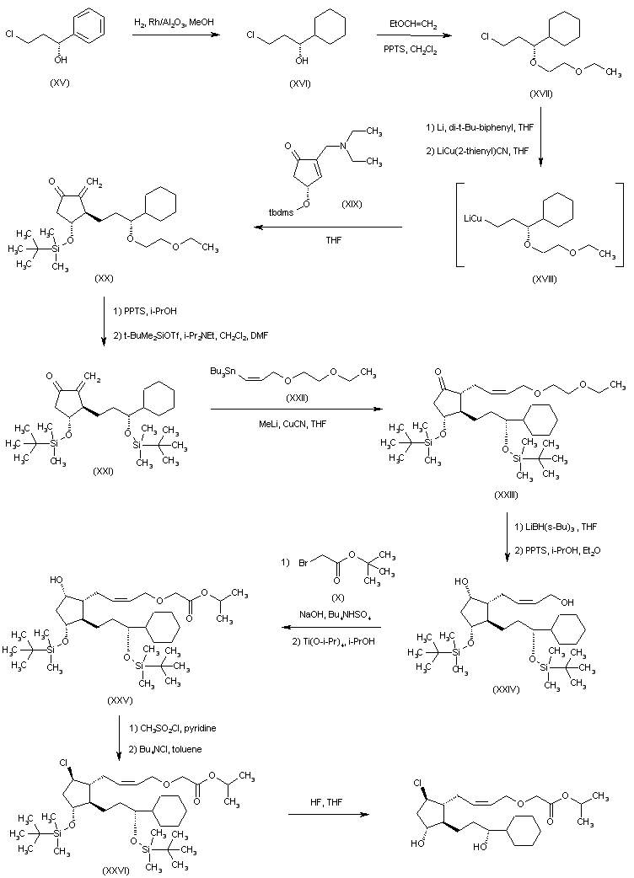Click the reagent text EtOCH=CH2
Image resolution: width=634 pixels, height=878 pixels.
pyautogui.click(x=412, y=27)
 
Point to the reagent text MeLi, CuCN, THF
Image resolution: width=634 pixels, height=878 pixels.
pyautogui.click(x=273, y=423)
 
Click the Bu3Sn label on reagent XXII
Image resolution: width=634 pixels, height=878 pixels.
pyautogui.click(x=222, y=372)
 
